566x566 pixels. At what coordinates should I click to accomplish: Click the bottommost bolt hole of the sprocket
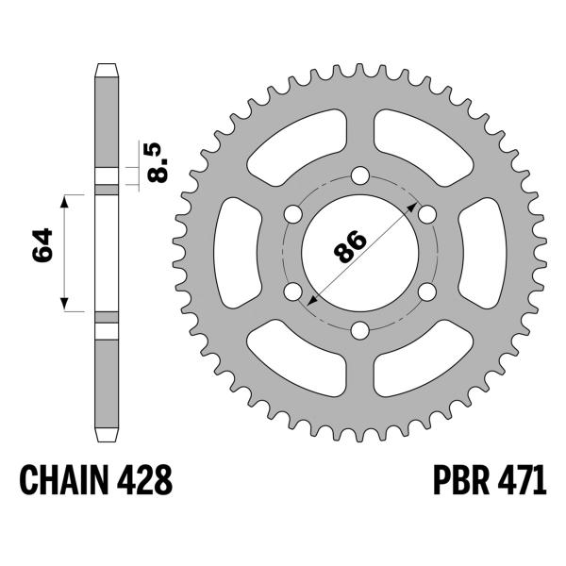(358, 329)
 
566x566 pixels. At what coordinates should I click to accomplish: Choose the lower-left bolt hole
(291, 291)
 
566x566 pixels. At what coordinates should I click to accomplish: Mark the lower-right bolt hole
(425, 291)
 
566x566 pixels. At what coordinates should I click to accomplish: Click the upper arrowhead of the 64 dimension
(65, 200)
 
